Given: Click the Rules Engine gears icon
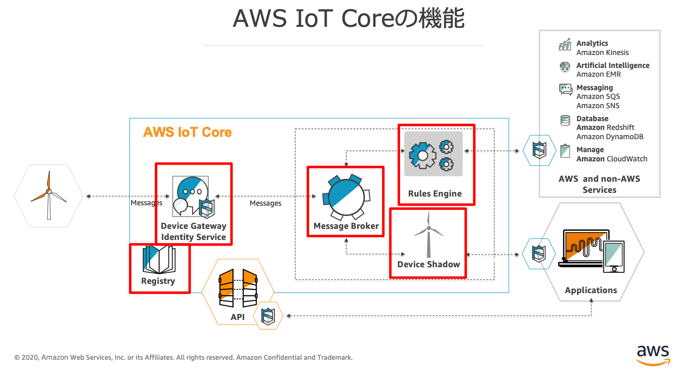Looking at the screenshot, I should pos(433,154).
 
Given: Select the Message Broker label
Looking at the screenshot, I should pos(346,226).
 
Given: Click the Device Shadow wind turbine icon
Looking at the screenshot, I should pos(429,235).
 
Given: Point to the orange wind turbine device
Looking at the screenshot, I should pos(48,195).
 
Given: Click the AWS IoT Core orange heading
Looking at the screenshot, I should pos(187,132).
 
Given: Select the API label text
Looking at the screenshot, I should pos(237,317).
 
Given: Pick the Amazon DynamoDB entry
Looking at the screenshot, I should pos(610,137).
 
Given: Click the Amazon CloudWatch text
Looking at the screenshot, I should pos(612,159).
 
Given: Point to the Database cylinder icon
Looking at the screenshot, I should pos(565,121).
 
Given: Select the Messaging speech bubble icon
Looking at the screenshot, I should pos(565,89).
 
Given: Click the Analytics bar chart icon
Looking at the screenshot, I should pos(565,45).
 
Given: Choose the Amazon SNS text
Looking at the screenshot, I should pos(598,106).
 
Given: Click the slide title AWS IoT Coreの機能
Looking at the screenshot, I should pos(349,19).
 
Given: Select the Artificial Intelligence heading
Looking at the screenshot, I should pos(613,66).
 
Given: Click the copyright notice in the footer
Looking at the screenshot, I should pos(183,357).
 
